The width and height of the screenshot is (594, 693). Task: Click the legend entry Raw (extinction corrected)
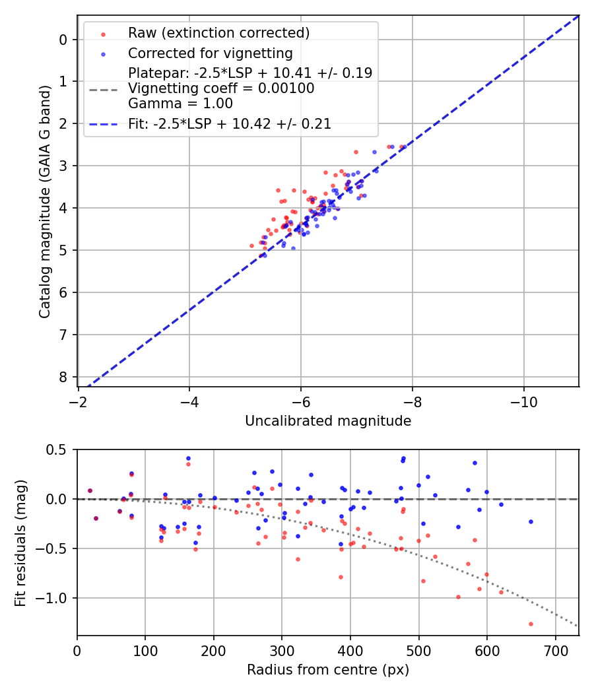coord(218,32)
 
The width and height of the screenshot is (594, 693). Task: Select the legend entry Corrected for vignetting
coord(210,53)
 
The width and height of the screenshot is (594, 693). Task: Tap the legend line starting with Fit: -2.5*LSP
coord(230,123)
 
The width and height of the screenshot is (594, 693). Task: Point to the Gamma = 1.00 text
coord(180,103)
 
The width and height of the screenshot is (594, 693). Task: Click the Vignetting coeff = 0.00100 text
coord(221,88)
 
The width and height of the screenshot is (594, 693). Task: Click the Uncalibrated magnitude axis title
coord(328,421)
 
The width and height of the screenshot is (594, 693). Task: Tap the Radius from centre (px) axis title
coord(328,670)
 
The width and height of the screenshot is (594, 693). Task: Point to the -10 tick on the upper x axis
coord(524,401)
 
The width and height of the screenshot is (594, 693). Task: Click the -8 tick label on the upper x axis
coord(412,401)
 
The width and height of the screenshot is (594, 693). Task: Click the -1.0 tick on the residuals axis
coord(53,598)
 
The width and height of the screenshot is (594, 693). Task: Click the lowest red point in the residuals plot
coord(531,624)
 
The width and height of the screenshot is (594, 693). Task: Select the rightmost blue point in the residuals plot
coord(531,521)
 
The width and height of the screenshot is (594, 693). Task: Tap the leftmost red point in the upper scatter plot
coord(251,246)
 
